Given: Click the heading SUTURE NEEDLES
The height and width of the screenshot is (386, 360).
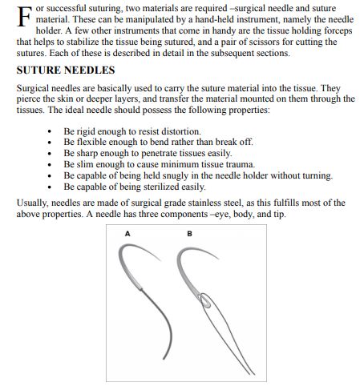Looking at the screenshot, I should point(62,70).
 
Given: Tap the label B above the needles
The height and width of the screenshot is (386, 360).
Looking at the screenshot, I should point(188,234).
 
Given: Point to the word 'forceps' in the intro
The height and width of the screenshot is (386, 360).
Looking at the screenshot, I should point(338,30).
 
